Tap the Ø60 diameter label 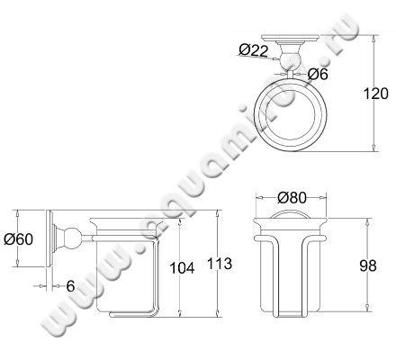20,239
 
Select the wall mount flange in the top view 293,43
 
